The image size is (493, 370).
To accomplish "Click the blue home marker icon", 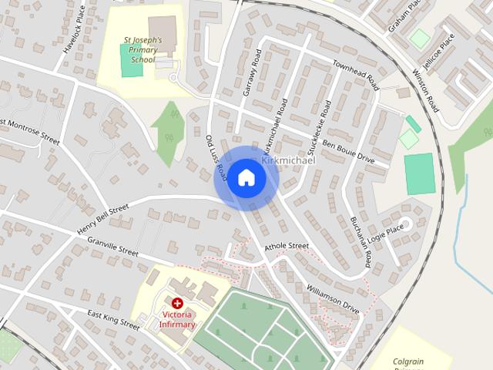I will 246,178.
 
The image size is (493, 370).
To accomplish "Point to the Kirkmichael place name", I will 289,160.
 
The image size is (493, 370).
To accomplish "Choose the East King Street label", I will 113,320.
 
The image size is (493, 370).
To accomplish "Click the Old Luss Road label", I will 215,155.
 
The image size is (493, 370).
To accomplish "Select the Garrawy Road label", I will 253,72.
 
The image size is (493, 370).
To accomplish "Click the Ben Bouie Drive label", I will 348,150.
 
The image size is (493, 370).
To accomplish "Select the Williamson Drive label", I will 333,298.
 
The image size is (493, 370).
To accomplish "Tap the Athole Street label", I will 286,247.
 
